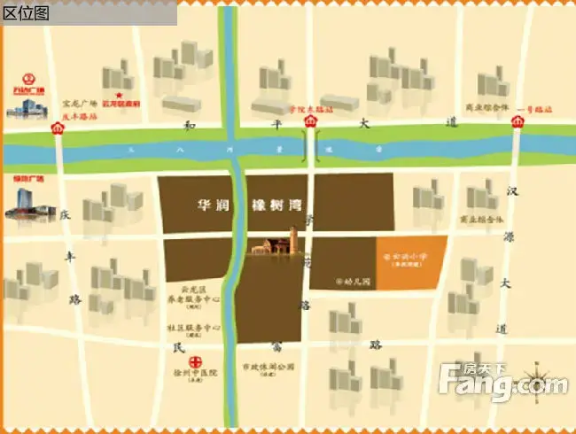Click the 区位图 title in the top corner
(x=26, y=12)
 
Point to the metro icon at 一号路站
(x=518, y=128)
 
